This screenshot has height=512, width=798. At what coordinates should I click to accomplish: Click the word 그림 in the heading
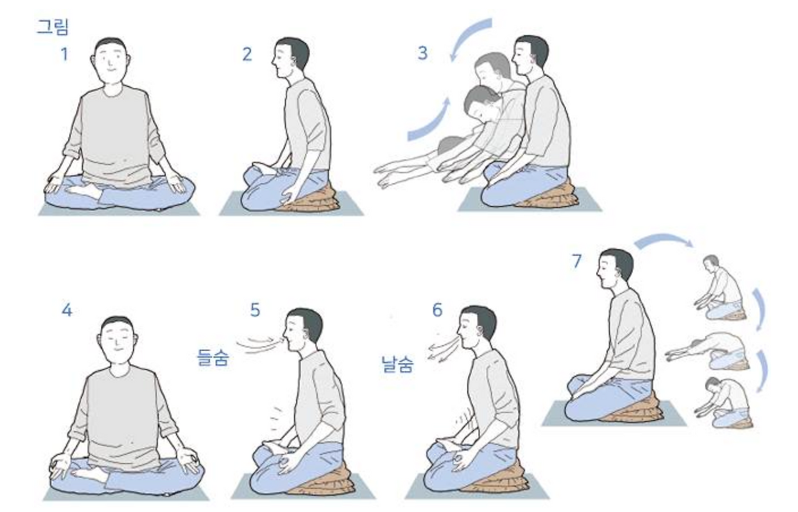click(x=53, y=27)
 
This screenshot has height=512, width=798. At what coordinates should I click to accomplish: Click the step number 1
click(x=64, y=54)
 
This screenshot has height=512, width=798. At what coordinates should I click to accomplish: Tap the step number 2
click(x=247, y=54)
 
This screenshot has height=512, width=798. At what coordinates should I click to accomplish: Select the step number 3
click(x=423, y=53)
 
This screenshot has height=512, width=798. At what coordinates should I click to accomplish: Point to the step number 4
click(x=67, y=310)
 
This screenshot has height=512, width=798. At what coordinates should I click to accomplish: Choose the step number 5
click(x=255, y=310)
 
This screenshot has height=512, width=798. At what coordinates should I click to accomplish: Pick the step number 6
click(x=437, y=309)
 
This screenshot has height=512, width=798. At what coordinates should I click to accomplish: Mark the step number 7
click(x=577, y=261)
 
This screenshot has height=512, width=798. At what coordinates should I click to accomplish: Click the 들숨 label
click(x=213, y=357)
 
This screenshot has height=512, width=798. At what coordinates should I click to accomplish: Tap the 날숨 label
click(x=397, y=364)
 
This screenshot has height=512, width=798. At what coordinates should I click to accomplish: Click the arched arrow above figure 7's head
click(x=663, y=238)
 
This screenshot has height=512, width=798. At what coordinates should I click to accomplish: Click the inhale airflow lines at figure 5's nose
click(x=259, y=344)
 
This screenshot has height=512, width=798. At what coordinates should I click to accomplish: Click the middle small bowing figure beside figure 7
click(x=709, y=351)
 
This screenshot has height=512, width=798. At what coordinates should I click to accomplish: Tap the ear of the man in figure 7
click(x=620, y=275)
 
